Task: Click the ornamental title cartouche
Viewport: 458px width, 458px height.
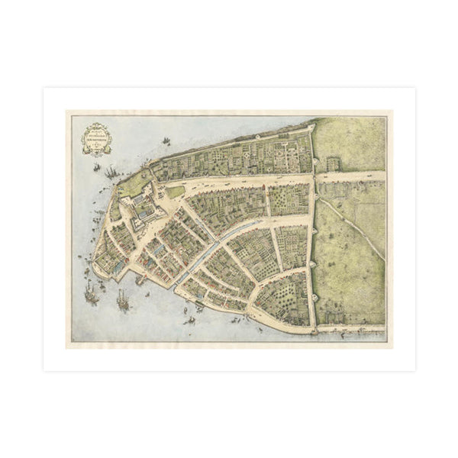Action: [97, 138]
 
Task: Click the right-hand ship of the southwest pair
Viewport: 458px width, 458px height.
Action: [122, 301]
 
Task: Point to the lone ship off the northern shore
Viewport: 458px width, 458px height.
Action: [166, 141]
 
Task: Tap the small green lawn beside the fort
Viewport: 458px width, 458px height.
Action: [176, 192]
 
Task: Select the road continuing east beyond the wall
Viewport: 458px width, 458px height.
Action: [351, 176]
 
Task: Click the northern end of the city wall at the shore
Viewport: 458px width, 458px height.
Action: [312, 130]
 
